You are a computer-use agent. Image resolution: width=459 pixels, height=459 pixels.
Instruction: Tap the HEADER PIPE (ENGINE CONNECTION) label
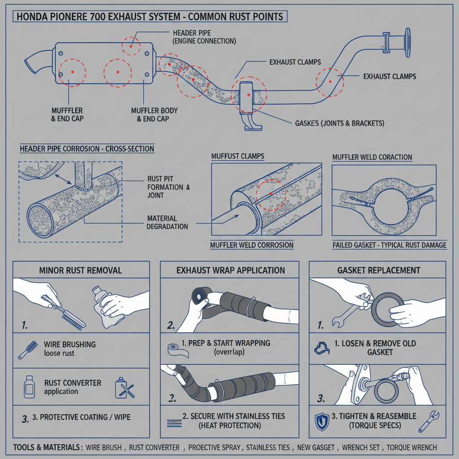[204, 37]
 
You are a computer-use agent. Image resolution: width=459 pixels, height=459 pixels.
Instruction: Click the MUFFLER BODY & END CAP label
[154, 115]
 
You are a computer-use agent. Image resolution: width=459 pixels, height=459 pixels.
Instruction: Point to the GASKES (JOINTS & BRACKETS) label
[339, 123]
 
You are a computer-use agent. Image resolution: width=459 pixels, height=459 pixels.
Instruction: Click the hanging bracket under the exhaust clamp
[251, 121]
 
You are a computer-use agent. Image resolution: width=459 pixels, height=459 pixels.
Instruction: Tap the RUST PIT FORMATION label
[165, 186]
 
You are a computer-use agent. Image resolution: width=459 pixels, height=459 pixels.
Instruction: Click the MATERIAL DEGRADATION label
[167, 222]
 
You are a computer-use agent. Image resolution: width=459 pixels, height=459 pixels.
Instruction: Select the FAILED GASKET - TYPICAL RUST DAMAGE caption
[389, 245]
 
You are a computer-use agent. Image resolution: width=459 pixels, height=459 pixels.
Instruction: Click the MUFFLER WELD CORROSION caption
[252, 245]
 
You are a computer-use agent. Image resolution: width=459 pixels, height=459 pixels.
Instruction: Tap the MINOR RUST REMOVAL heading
[81, 270]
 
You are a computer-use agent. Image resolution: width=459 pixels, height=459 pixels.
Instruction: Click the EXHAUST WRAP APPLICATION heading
[230, 270]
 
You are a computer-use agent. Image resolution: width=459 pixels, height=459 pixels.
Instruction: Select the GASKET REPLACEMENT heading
[379, 270]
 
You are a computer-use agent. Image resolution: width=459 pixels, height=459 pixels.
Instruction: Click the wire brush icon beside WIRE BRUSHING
[27, 350]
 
